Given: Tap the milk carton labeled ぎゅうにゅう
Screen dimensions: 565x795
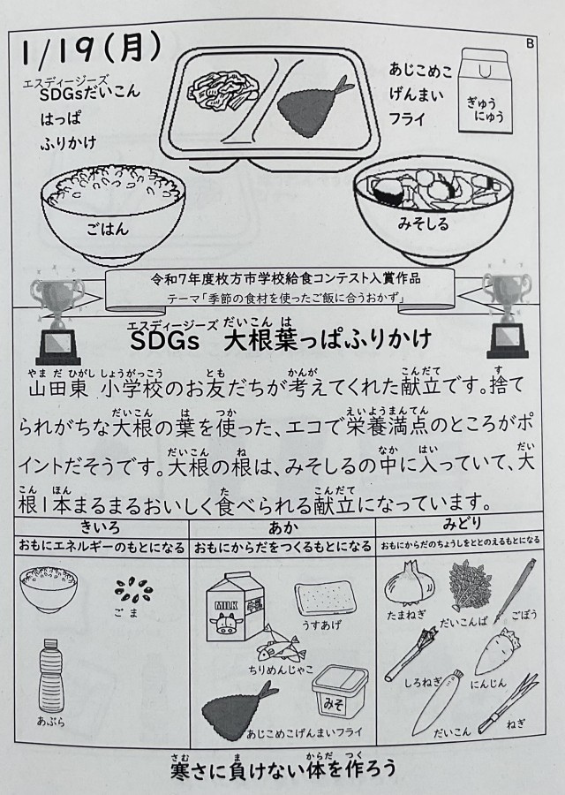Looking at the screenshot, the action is [486, 90].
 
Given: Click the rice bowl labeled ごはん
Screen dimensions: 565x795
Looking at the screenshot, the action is [112, 213].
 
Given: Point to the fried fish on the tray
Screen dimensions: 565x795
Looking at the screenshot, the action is [309, 108].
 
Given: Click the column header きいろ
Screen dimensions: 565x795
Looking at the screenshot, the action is [101, 527].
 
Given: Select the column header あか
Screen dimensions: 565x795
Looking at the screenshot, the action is [282, 528].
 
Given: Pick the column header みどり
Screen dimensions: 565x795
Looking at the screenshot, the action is [462, 523].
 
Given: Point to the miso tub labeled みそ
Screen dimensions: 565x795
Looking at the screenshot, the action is [340, 691].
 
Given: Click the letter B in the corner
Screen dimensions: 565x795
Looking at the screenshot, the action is [530, 43].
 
